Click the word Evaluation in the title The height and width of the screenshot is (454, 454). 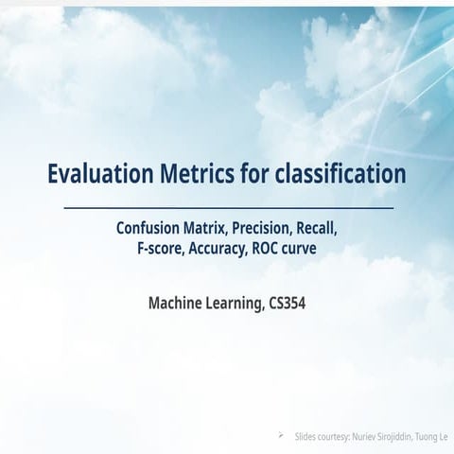(100, 173)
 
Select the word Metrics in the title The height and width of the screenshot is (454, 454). (198, 173)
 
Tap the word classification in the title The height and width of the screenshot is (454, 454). (340, 173)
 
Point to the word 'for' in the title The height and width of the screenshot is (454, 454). (254, 173)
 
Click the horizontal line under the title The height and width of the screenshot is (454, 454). (229, 208)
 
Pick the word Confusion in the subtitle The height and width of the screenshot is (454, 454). (148, 228)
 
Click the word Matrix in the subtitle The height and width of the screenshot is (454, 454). (206, 229)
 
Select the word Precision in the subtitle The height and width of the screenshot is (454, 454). (262, 229)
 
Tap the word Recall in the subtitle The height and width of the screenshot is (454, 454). (317, 229)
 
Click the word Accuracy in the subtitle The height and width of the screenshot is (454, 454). (218, 249)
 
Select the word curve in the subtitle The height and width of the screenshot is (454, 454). (299, 250)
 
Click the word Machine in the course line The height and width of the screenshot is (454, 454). (175, 303)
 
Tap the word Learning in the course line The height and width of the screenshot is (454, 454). (236, 304)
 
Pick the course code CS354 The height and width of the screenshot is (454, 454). (288, 304)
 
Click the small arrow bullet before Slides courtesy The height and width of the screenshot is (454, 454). (281, 436)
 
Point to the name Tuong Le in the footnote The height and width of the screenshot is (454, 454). (431, 437)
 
